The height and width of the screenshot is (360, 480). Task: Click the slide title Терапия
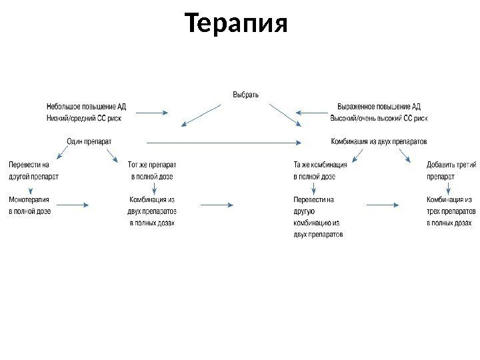(237, 25)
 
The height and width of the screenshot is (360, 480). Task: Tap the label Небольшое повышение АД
(86, 106)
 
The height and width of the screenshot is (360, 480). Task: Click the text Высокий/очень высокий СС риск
(379, 118)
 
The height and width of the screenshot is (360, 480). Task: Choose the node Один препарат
(89, 141)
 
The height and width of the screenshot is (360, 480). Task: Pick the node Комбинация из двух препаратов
(379, 141)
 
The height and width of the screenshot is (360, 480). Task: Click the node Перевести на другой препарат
(33, 171)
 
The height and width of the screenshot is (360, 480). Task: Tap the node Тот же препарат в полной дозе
(152, 171)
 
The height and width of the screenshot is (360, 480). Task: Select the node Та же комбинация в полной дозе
(320, 171)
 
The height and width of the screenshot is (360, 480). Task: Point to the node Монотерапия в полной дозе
(29, 205)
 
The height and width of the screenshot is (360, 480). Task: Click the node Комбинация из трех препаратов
(451, 211)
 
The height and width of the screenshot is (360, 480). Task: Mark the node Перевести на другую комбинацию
(317, 217)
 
